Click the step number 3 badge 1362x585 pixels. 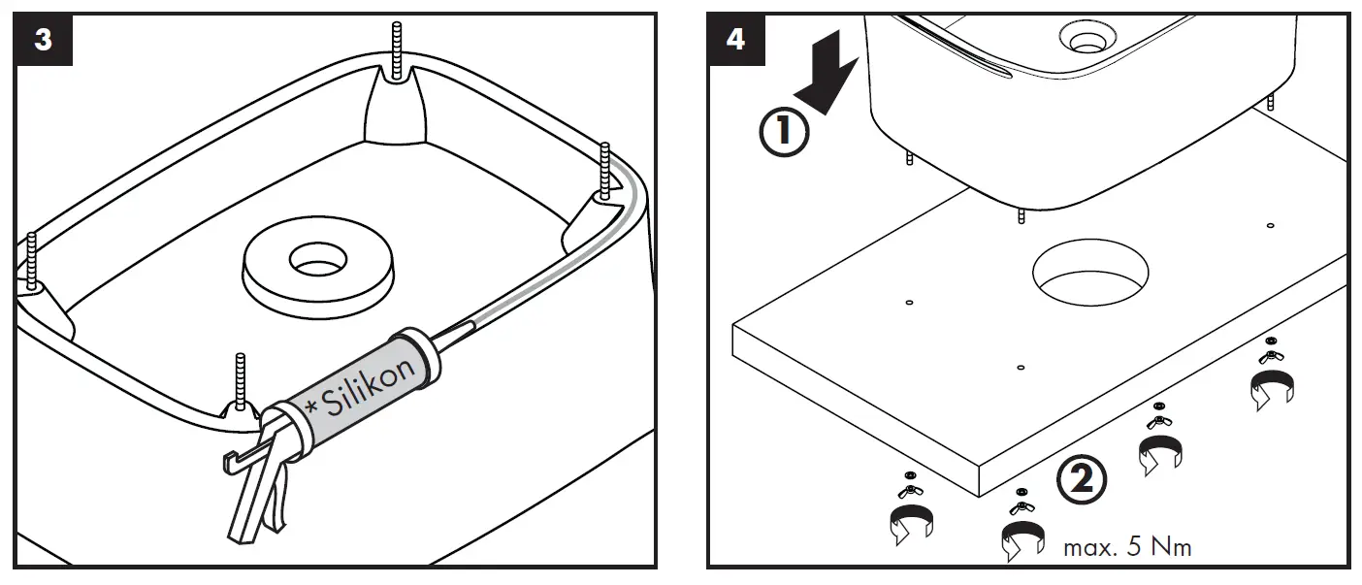click(44, 40)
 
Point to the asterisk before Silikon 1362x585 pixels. click(312, 409)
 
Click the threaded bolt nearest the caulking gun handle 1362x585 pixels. click(240, 378)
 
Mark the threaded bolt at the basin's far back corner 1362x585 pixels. click(396, 49)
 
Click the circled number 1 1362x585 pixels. click(783, 135)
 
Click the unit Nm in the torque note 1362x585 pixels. click(1171, 547)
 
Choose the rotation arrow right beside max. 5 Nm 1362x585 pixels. click(1023, 539)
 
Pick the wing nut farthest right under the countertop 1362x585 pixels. click(1270, 356)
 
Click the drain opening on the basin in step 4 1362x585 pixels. click(1083, 38)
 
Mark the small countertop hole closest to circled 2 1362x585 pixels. click(1021, 368)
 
